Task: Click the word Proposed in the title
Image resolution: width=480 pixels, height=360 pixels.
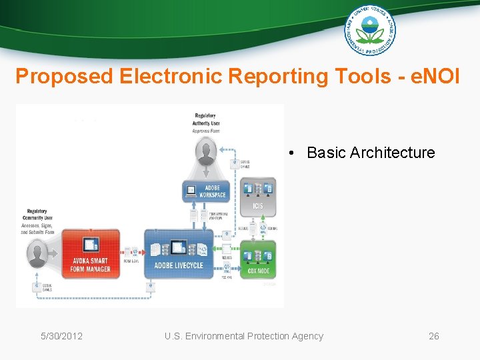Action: [x=65, y=77]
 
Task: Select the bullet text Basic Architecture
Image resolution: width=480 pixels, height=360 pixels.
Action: [x=370, y=153]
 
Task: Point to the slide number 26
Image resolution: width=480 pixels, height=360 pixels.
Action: [x=433, y=336]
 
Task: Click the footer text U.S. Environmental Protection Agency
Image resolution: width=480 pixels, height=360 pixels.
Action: [x=243, y=336]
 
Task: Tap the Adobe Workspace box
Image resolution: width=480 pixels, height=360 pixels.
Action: [x=205, y=191]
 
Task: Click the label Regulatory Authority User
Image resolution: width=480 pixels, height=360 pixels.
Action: [x=206, y=119]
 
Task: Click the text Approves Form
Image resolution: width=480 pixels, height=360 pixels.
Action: [x=205, y=131]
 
